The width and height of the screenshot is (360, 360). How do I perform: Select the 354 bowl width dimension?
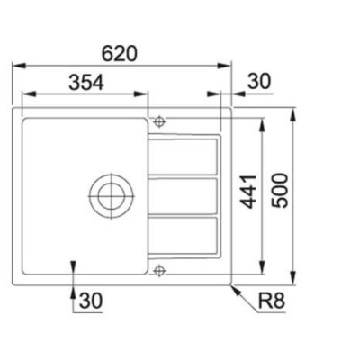84,81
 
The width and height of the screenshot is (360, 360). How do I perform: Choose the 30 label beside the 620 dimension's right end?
258,81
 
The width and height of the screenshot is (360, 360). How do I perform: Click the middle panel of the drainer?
184,194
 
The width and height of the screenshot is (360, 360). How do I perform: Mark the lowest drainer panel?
184,233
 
